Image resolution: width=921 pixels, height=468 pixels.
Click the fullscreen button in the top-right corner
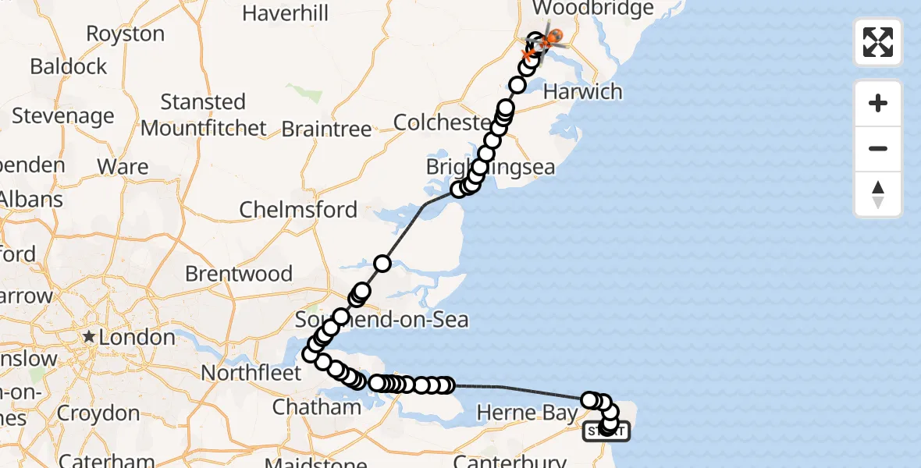tap(878, 42)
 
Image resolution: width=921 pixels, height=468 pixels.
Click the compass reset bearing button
tap(878, 194)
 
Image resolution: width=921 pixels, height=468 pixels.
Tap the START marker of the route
tap(606, 431)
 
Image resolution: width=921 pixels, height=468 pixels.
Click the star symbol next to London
tap(90, 337)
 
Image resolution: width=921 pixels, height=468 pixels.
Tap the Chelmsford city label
tap(298, 210)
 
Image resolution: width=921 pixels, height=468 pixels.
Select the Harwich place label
tap(583, 91)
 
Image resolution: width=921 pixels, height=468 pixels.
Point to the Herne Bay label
tap(527, 413)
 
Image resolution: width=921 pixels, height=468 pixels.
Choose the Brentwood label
tap(239, 274)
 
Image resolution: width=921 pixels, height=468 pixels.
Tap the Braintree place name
tap(327, 129)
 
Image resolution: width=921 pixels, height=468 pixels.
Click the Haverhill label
tap(285, 13)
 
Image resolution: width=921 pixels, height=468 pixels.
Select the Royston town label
tap(125, 34)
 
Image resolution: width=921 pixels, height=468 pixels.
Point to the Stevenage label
tap(63, 116)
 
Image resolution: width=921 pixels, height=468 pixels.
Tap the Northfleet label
tap(251, 373)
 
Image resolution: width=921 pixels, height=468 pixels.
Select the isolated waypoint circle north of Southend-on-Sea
tap(382, 263)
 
